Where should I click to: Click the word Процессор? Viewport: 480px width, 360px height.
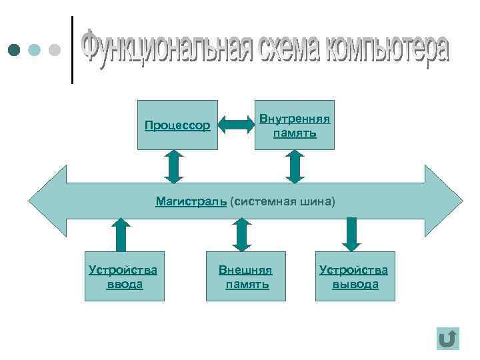(177, 125)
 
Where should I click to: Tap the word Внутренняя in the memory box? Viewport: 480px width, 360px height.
(294, 119)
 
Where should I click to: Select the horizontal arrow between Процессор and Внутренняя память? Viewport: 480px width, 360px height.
(233, 125)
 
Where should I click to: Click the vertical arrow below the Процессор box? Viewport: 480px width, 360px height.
(173, 166)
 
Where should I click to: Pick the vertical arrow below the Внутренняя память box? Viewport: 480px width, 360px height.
(294, 166)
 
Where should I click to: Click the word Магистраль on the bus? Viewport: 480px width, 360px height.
(191, 201)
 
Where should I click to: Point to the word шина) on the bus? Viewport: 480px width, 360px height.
(317, 201)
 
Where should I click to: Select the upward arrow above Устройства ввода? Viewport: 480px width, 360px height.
(120, 234)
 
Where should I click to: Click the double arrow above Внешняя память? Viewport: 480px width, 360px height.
(241, 234)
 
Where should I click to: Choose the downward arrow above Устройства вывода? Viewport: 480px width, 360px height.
(352, 234)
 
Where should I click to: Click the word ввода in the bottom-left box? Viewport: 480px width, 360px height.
(125, 285)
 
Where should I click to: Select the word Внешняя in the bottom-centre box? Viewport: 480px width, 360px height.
(246, 271)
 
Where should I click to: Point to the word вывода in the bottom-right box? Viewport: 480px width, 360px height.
(355, 285)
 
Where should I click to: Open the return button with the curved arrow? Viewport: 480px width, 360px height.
(448, 339)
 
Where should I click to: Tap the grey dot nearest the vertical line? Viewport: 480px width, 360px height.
(55, 50)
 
